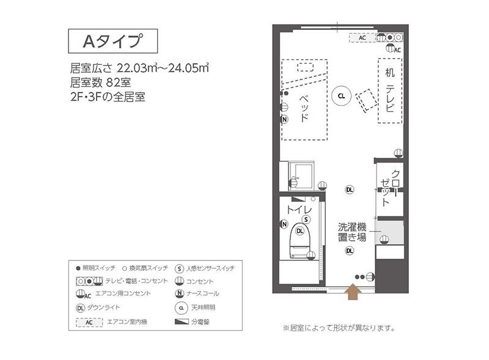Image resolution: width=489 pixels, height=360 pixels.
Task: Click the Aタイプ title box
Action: [112, 41]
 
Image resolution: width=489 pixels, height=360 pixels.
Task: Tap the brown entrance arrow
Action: [353, 293]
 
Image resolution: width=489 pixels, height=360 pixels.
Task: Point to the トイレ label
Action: [296, 210]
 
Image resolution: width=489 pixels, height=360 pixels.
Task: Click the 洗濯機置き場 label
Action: [352, 232]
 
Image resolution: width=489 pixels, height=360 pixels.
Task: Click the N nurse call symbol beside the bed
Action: [284, 119]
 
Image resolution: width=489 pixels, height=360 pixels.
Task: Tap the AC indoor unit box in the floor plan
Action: [362, 38]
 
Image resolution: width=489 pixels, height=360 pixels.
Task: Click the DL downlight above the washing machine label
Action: [350, 189]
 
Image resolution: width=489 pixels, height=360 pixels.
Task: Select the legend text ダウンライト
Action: [105, 307]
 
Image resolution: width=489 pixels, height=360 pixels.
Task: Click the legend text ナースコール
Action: [204, 295]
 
